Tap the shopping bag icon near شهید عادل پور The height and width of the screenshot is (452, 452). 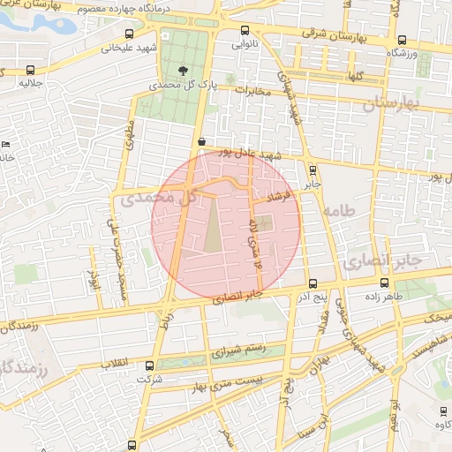point(202,140)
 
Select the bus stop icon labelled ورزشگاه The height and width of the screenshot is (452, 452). point(403,40)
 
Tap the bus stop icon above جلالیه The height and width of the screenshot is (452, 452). point(33,70)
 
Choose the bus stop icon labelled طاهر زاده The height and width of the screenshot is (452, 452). point(383,283)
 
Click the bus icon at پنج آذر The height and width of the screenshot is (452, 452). point(313,283)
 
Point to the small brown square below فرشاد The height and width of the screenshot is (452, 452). point(267,221)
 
